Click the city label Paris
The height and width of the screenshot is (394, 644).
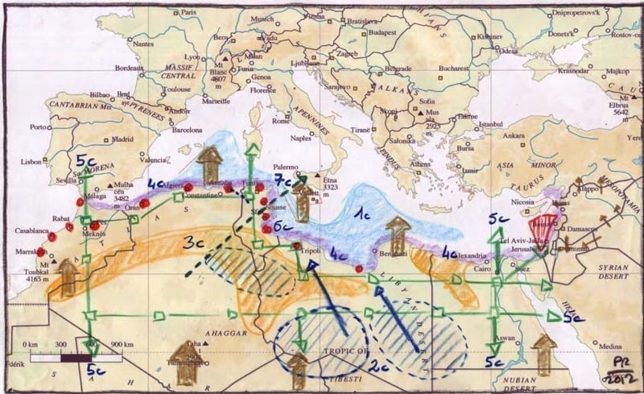[190, 13]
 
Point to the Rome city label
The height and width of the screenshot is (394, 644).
[281, 122]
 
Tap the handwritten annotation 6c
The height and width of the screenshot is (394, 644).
[281, 227]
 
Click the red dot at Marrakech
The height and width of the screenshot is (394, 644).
[41, 251]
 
